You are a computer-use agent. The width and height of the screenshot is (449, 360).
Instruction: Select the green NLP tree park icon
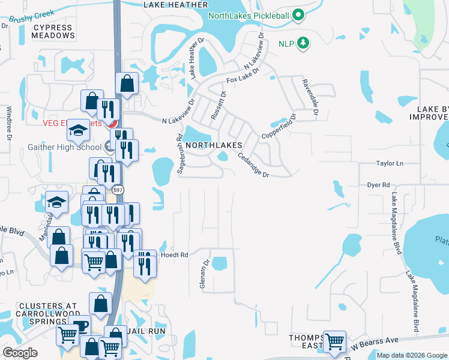304,43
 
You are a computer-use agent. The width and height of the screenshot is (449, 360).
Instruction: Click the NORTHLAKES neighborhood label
214,146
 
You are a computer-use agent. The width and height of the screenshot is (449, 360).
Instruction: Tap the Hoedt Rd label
174,255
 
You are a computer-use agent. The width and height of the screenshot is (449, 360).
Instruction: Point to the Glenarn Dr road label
203,274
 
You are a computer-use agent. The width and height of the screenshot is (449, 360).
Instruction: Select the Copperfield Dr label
278,127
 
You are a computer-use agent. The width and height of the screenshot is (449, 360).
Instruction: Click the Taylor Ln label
390,163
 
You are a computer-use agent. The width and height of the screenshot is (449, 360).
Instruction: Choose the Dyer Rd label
379,185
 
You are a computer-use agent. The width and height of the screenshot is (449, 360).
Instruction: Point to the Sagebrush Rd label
179,154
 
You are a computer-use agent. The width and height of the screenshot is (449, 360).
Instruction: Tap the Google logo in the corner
20,353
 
